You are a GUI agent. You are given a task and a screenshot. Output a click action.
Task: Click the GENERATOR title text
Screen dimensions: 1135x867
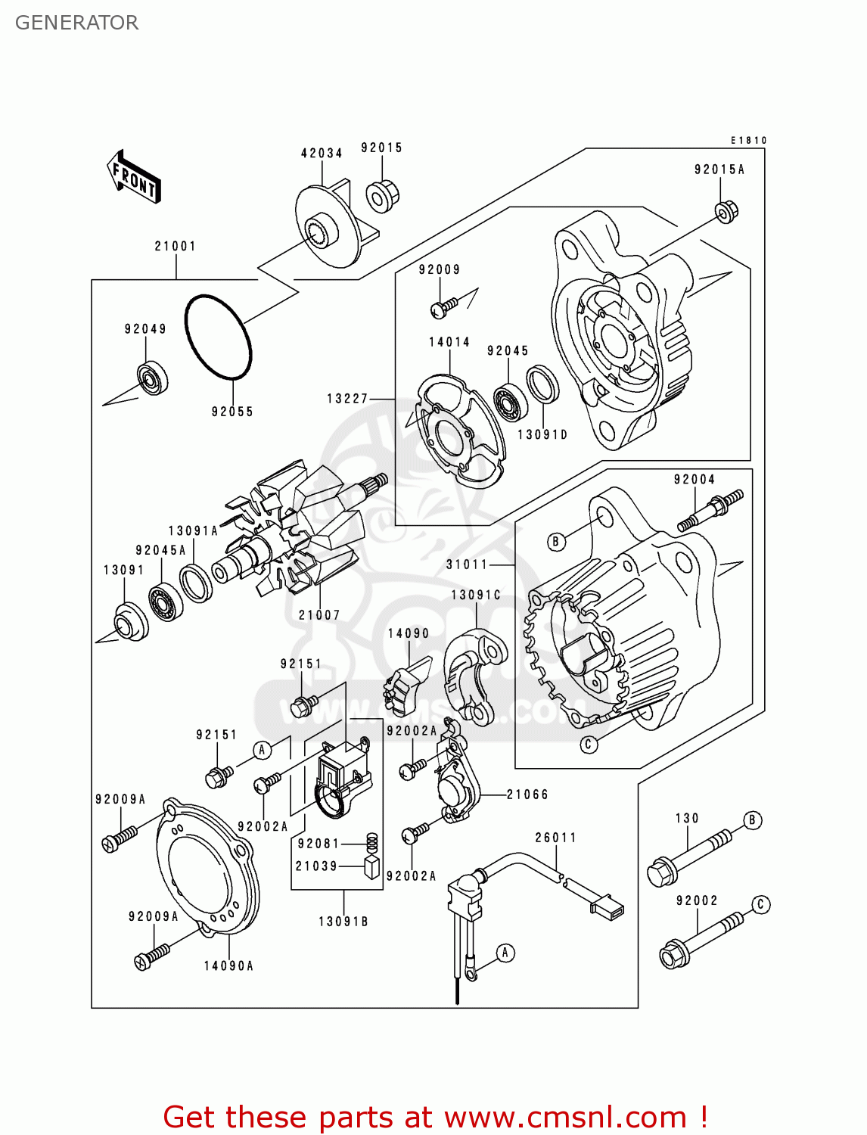click(76, 23)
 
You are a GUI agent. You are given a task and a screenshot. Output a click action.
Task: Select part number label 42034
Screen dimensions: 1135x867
click(322, 153)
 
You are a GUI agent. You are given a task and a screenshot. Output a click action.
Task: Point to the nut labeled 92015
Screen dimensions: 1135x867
click(382, 197)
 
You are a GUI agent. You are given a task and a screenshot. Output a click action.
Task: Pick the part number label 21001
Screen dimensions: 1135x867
click(176, 246)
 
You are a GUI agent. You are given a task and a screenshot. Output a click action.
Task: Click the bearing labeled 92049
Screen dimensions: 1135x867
click(152, 378)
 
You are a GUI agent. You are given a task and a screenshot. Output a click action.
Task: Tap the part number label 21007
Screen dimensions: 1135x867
click(319, 615)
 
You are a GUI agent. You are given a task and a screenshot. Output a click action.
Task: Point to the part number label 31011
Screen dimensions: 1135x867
click(467, 564)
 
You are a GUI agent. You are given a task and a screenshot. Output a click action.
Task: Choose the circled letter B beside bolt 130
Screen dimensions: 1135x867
click(752, 820)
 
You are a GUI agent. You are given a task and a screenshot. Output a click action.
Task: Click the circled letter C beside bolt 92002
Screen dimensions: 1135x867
click(761, 904)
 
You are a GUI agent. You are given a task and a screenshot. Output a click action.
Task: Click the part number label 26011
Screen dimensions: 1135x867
click(556, 838)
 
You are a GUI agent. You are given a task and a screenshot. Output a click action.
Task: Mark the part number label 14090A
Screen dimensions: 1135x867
click(228, 966)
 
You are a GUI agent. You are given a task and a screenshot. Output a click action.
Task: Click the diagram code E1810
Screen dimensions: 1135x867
click(748, 141)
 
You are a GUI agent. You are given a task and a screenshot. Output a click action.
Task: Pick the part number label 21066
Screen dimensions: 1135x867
click(527, 794)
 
